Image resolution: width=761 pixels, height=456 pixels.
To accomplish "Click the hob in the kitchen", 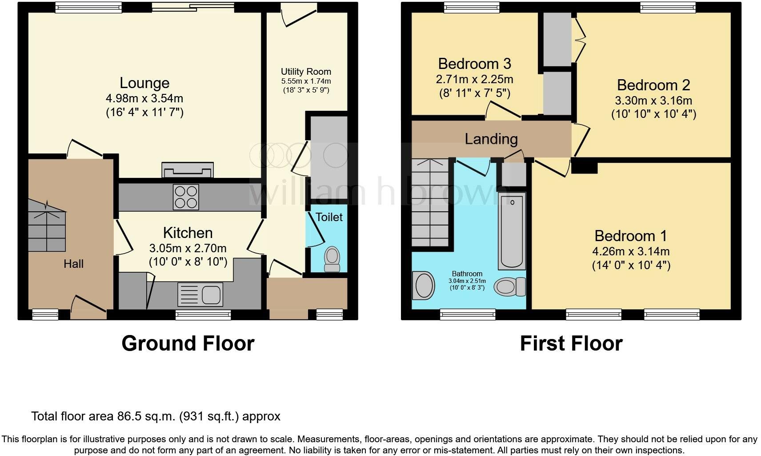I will pyautogui.click(x=186, y=197).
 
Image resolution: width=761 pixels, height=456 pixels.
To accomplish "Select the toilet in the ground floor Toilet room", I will pyautogui.click(x=332, y=259).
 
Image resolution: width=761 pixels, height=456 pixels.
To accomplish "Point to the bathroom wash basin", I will pyautogui.click(x=424, y=285).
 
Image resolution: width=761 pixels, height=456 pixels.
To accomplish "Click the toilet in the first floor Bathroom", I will pyautogui.click(x=509, y=286).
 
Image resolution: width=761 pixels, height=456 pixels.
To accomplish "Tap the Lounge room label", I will pyautogui.click(x=144, y=83).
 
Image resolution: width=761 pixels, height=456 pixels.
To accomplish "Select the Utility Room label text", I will pyautogui.click(x=306, y=72).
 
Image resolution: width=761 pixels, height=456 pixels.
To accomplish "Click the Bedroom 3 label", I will pyautogui.click(x=474, y=64).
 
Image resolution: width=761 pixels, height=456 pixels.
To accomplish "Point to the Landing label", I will pyautogui.click(x=491, y=139).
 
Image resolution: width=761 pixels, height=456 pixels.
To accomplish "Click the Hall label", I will pyautogui.click(x=73, y=264).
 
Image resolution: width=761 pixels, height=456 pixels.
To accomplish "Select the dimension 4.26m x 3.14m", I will pyautogui.click(x=631, y=251).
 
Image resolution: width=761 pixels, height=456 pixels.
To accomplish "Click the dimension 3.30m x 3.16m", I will pyautogui.click(x=653, y=101).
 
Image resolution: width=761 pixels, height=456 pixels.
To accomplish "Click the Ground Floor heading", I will pyautogui.click(x=188, y=343).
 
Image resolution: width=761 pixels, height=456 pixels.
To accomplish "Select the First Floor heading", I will pyautogui.click(x=571, y=343).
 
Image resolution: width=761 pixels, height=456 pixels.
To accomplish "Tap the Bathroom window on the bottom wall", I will pyautogui.click(x=468, y=314).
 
